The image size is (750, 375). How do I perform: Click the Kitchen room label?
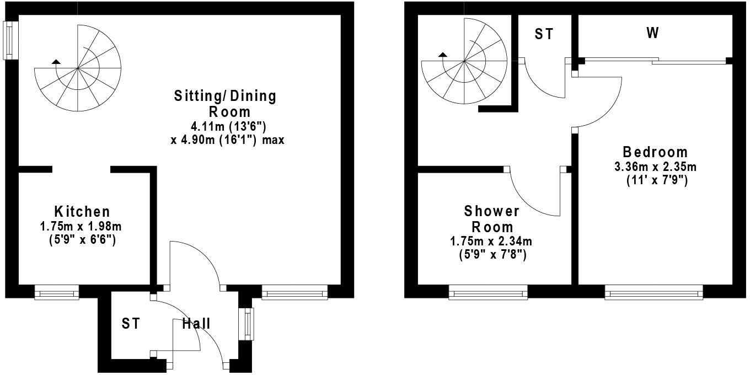click(x=82, y=211)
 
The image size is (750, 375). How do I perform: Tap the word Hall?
click(x=196, y=324)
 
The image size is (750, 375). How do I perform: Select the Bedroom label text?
click(x=655, y=152)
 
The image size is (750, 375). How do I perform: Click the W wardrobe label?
click(x=652, y=34)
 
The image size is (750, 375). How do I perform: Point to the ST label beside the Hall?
click(x=131, y=324)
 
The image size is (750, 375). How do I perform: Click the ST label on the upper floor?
click(x=544, y=34)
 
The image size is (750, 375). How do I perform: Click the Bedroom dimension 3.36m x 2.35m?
click(x=655, y=167)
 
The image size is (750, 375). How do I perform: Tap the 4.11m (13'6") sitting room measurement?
click(x=225, y=126)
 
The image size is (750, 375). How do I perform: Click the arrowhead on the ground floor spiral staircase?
click(x=55, y=61)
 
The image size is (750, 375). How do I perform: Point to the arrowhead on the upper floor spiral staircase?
click(x=442, y=55)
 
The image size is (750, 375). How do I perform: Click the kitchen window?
click(x=56, y=292)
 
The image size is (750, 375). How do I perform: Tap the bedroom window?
click(x=653, y=292)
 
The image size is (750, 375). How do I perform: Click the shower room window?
click(x=488, y=292)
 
